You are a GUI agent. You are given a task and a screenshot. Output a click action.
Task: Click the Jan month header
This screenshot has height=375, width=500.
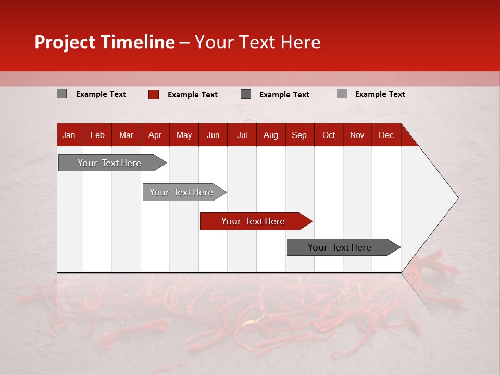pos(69,135)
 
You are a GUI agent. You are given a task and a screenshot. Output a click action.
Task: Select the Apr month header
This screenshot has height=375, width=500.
pos(155,135)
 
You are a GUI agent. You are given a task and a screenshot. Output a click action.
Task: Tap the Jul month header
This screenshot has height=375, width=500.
pos(242,135)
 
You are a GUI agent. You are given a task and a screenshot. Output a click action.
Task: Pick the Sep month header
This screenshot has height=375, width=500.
pos(299,135)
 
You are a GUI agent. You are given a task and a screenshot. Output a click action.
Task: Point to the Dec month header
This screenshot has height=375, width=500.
pos(386,135)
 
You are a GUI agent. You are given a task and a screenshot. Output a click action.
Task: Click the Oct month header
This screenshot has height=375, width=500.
pos(329,135)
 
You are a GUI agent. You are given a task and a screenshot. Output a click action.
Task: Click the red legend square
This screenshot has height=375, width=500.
pos(153,94)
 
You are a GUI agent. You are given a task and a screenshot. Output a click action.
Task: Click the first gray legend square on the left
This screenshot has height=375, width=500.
pos(61,94)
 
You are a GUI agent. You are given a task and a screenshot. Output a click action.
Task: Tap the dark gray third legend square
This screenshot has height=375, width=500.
pos(246,94)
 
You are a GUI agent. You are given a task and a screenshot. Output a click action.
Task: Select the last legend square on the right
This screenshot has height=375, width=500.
pos(342,94)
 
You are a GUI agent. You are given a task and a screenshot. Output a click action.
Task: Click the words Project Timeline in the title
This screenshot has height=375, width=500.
pos(104,42)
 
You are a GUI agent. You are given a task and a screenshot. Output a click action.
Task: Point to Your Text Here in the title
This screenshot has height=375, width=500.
pos(257,42)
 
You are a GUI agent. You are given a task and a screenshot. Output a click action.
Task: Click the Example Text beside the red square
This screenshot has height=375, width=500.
pos(192,95)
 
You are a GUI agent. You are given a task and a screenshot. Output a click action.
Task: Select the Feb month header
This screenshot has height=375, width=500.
pos(97,135)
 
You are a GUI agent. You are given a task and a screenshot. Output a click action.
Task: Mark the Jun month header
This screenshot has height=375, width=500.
pos(213,135)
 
